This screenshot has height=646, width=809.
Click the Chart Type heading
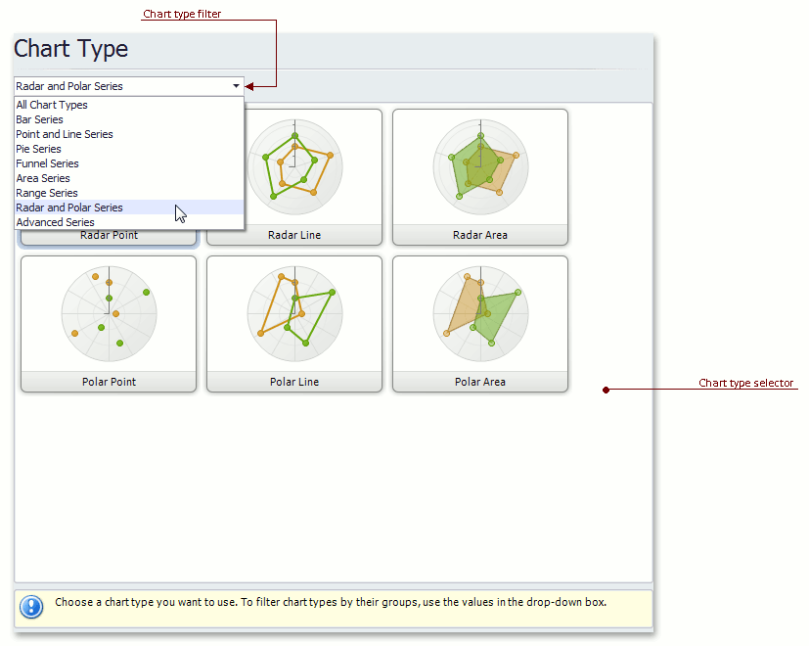70,50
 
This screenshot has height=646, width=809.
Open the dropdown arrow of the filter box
236,86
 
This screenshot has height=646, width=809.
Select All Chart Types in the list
52,105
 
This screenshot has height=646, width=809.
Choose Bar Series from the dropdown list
39,119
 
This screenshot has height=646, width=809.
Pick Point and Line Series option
65,134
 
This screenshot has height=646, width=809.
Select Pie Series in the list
38,149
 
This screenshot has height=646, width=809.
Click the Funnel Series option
48,163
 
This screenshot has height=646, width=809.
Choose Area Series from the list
43,178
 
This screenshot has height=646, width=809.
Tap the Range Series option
47,193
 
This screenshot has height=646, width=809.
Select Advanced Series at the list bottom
55,222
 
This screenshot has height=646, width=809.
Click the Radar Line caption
294,235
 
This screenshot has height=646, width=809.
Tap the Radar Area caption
480,235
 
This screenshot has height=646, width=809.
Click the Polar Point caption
109,382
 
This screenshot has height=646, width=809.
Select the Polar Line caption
294,382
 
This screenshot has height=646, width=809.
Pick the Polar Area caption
480,382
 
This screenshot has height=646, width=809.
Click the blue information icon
31,607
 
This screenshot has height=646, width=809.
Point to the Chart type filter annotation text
182,14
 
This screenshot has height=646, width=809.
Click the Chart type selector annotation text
745,383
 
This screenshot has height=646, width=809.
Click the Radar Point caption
109,236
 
